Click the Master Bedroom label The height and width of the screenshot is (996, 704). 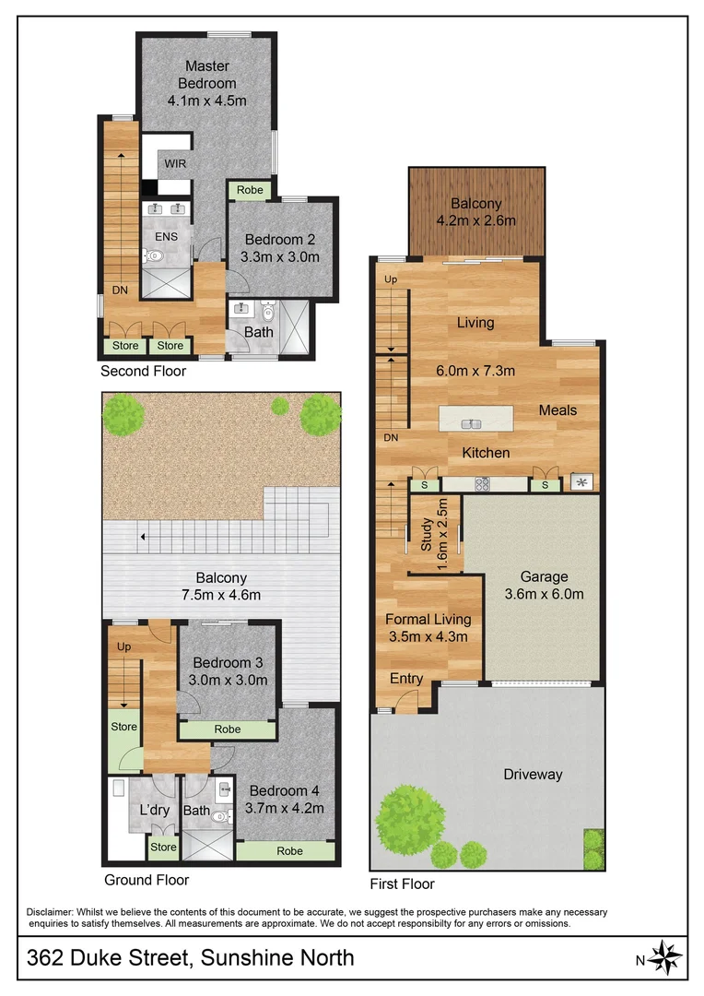click(207, 74)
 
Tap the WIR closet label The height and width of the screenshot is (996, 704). click(174, 163)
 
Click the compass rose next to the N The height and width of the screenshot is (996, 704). click(666, 958)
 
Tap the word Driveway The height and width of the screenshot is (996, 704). click(532, 775)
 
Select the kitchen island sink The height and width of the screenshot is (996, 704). click(472, 424)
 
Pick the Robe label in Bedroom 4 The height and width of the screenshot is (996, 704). click(290, 850)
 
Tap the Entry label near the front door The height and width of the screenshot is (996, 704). click(405, 679)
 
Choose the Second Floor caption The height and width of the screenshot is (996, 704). click(143, 372)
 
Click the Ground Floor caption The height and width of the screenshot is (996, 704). click(147, 880)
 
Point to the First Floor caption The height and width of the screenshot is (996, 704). click(402, 883)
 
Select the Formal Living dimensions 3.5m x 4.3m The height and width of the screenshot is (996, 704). click(428, 636)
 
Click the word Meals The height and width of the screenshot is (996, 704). click(558, 409)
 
